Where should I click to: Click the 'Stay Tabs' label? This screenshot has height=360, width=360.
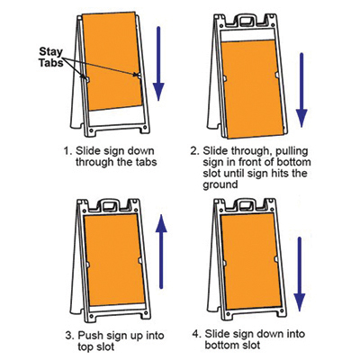pyautogui.click(x=50, y=57)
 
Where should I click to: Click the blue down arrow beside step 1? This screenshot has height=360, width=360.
pyautogui.click(x=158, y=64)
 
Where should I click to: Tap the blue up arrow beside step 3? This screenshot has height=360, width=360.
pyautogui.click(x=161, y=251)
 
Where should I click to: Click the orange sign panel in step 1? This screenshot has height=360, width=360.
pyautogui.click(x=112, y=61)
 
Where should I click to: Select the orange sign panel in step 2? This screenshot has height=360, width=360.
pyautogui.click(x=252, y=89)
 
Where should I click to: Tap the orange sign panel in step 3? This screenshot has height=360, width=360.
pyautogui.click(x=114, y=260)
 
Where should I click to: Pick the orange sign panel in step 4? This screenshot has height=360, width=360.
pyautogui.click(x=251, y=261)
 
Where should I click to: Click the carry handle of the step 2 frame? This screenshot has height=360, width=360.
pyautogui.click(x=247, y=21)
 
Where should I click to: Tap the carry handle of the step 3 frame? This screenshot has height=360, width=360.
pyautogui.click(x=109, y=205)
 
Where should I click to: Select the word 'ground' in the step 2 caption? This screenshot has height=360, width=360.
pyautogui.click(x=220, y=184)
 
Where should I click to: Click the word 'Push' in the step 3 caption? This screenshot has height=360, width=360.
pyautogui.click(x=89, y=335)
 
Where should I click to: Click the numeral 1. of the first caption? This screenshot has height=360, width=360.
pyautogui.click(x=67, y=151)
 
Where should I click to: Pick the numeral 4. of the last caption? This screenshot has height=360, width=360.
pyautogui.click(x=196, y=334)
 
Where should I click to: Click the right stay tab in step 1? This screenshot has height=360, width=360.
pyautogui.click(x=139, y=75)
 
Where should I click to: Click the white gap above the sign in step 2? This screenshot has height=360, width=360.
pyautogui.click(x=247, y=34)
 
